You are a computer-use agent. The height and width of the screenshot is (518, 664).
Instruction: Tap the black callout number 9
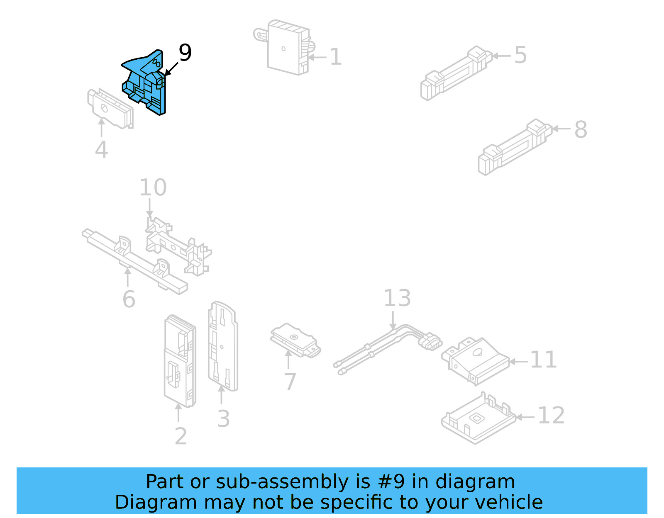point(185,53)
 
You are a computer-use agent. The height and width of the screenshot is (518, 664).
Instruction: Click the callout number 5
point(520,55)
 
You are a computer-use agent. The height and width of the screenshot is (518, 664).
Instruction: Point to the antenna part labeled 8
point(515,147)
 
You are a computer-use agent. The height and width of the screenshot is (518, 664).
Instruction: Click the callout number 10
point(153,187)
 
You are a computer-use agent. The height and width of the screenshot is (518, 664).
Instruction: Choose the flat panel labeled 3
point(223,346)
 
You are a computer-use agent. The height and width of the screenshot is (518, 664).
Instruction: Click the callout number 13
point(397,298)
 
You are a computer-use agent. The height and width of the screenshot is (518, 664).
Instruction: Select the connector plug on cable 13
point(430,341)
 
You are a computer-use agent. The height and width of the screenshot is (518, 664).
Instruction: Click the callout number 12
point(551,416)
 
